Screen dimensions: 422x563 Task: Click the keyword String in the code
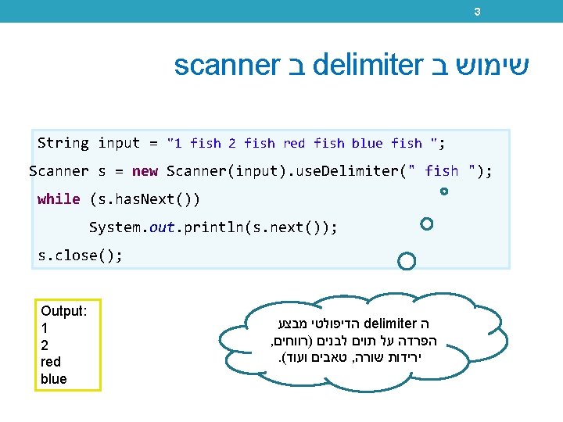63,143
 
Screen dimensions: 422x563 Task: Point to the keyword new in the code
145,171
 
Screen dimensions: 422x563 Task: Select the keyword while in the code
59,199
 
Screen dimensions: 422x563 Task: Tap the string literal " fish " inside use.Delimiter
440,171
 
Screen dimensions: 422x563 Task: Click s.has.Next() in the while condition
145,199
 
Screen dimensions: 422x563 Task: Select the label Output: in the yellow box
63,311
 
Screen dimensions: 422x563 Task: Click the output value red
50,362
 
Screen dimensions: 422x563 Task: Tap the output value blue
53,379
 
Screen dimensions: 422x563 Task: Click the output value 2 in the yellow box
45,345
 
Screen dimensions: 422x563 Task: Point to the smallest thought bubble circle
444,191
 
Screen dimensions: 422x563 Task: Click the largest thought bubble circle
407,261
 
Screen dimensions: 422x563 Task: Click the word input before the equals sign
118,143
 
